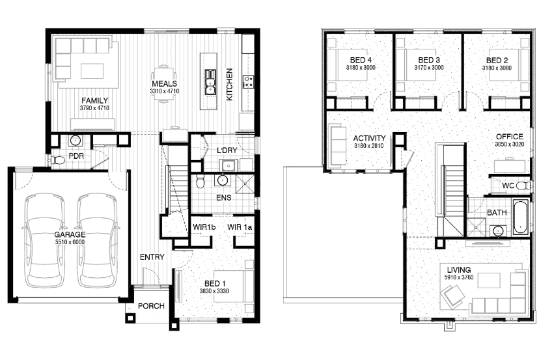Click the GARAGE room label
70,234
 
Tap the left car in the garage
44,240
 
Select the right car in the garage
98,240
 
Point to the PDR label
76,156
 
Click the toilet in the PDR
58,161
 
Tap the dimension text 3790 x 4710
94,108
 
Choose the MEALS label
165,84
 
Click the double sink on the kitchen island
210,82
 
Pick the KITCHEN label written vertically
229,85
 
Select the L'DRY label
227,150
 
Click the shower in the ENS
245,184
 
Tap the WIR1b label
204,227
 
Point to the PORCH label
151,306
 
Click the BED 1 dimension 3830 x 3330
214,291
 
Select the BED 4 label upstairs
361,60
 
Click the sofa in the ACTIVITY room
338,145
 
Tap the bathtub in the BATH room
521,217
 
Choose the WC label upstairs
508,186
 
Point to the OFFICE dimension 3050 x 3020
510,145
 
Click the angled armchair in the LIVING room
452,296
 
